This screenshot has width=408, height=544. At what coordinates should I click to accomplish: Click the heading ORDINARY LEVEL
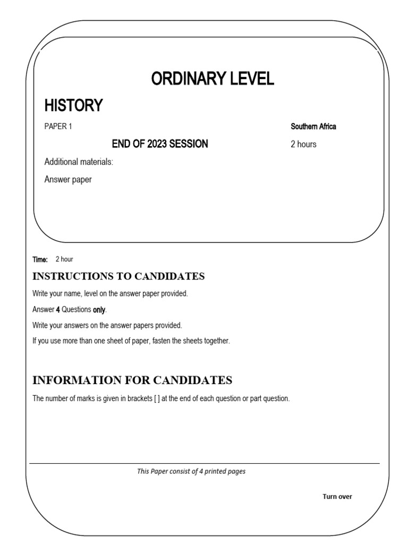click(x=212, y=79)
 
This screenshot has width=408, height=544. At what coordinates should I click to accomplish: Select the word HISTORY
click(x=73, y=106)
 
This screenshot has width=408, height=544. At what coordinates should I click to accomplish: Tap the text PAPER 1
click(x=58, y=126)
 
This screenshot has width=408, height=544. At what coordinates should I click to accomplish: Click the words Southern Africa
click(x=313, y=126)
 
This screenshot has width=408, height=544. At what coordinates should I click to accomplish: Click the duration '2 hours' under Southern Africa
click(x=303, y=144)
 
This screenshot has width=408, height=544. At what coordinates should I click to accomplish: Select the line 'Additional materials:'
click(x=79, y=161)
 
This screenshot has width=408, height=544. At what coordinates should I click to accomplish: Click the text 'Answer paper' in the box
click(x=68, y=180)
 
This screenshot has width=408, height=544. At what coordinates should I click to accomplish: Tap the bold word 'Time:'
click(x=40, y=259)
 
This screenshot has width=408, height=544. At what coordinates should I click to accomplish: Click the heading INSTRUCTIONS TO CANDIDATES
click(x=118, y=276)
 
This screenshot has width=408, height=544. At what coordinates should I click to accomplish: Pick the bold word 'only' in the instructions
click(x=99, y=310)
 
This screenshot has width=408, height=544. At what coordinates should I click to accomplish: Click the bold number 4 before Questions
click(x=58, y=310)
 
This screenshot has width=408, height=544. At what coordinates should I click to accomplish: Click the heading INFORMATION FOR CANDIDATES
click(x=132, y=380)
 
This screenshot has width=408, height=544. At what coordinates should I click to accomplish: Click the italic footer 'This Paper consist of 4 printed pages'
click(x=191, y=471)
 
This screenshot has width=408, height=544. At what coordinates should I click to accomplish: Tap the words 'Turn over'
click(x=337, y=497)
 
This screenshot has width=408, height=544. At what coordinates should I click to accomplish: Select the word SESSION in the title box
click(x=189, y=144)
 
